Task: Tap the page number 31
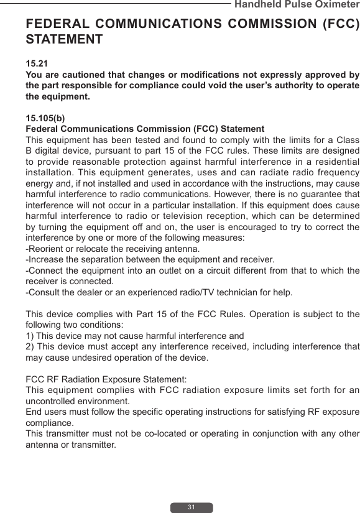coord(192,507)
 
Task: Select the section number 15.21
coord(37,64)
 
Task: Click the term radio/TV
coord(185,292)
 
